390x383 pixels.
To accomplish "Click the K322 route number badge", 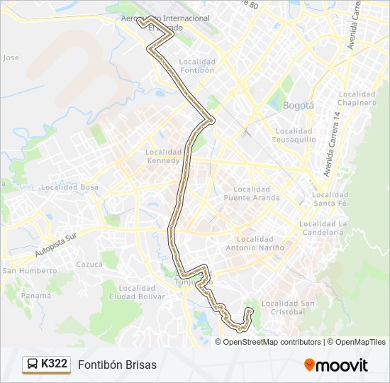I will tap(47, 365).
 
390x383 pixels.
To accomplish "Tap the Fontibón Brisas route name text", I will tap(118, 365).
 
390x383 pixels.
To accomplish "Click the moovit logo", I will tap(336, 365).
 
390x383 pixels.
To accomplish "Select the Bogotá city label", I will tap(298, 105).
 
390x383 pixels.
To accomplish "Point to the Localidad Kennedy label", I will tap(164, 156).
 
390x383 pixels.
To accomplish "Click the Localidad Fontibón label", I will tap(197, 66).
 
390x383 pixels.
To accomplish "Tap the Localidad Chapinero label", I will tap(357, 99).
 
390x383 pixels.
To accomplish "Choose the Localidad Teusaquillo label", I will tap(294, 135).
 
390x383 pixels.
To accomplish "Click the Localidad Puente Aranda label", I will tap(251, 194).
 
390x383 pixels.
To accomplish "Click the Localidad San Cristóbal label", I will tap(289, 308).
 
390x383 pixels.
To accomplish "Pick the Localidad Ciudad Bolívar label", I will tap(137, 292).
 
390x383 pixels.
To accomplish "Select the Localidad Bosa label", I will tap(70, 187).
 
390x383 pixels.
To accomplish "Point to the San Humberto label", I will tap(30, 271).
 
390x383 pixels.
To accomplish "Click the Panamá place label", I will tap(35, 295).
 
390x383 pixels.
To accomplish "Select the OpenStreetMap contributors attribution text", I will tap(272, 342).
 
